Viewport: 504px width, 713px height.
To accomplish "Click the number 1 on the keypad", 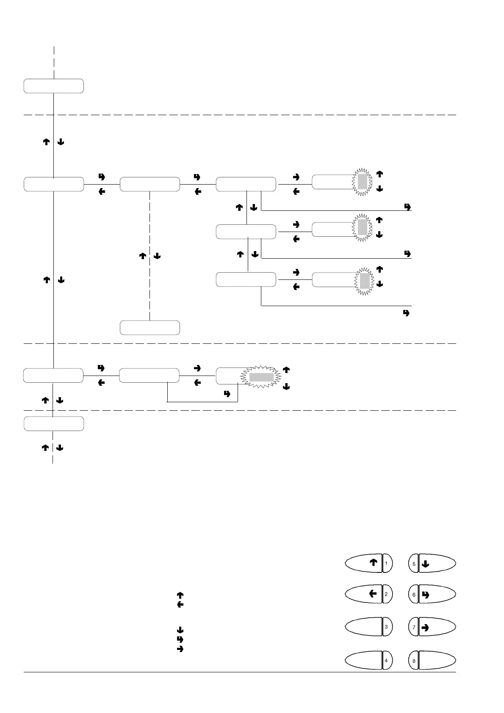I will click(x=386, y=563).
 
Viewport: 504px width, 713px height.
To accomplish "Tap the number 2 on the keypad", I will click(x=386, y=594).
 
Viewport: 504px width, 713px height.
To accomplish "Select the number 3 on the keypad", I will click(x=386, y=626).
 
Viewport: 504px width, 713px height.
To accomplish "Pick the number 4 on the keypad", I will click(x=386, y=660).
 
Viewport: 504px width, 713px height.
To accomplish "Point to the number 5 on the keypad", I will click(x=414, y=564).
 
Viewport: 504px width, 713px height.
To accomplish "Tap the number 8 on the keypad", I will click(x=414, y=660).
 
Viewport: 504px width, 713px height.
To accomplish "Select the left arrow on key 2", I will click(x=373, y=594).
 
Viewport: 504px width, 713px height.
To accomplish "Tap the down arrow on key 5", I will click(x=426, y=564).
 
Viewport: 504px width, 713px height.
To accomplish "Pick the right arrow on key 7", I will click(x=426, y=627).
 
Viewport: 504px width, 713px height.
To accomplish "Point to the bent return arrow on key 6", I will click(x=426, y=595).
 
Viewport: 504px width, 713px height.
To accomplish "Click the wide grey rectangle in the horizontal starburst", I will click(x=261, y=377).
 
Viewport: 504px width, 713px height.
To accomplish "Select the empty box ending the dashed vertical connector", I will click(x=150, y=328).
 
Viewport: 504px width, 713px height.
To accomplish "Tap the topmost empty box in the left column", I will click(x=53, y=86).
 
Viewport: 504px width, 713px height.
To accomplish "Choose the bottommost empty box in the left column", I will click(x=53, y=424).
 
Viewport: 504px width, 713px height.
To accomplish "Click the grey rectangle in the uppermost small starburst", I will click(x=362, y=182).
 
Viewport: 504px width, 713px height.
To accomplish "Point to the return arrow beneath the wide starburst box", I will click(x=227, y=394).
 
